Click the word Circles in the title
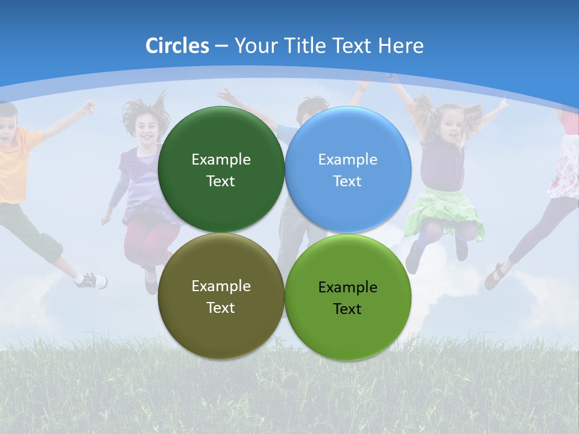click(177, 46)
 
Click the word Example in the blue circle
click(347, 160)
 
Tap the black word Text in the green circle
click(347, 309)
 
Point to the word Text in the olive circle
click(221, 308)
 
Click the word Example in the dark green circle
click(221, 160)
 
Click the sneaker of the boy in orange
click(93, 280)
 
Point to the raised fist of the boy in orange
click(89, 107)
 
